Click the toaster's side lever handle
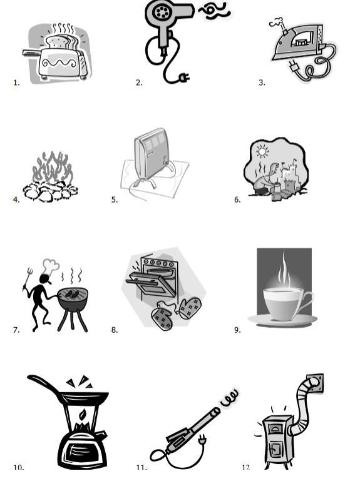32,53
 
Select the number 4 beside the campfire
16,200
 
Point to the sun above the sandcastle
262,151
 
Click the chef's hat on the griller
51,266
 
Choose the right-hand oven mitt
189,307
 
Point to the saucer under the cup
282,320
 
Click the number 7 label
16,330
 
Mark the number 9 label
237,330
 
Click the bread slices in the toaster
61,42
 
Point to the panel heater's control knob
166,162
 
